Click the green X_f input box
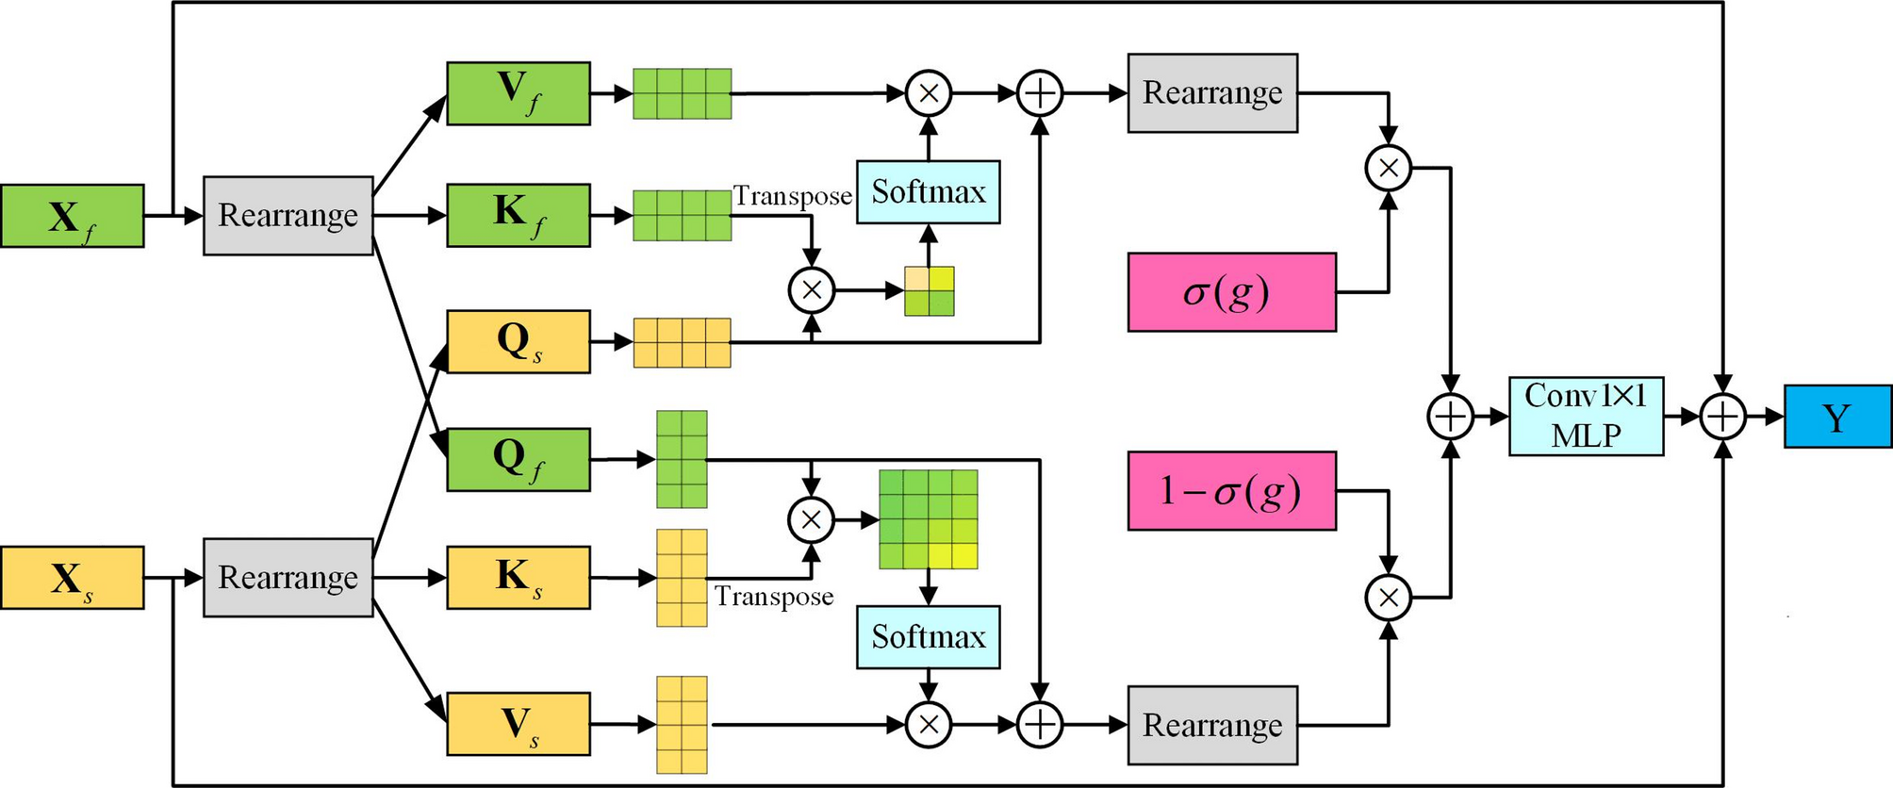[x=72, y=216]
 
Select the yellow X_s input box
[x=72, y=578]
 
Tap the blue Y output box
[x=1836, y=416]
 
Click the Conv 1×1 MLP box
[x=1586, y=416]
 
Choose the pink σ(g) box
[x=1231, y=292]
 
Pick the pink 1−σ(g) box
[x=1231, y=491]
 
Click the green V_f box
[x=518, y=93]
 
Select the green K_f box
[x=518, y=216]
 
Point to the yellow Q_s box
[x=518, y=341]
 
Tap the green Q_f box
[x=518, y=459]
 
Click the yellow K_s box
[x=518, y=577]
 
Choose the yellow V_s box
[x=518, y=724]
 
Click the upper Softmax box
[x=928, y=192]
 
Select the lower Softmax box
[x=928, y=637]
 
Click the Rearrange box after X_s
[x=288, y=578]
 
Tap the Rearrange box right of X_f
[x=288, y=216]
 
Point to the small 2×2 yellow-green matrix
[x=929, y=291]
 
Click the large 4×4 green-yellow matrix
[x=928, y=519]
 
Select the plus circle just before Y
[x=1722, y=416]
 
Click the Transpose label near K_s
[x=773, y=597]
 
